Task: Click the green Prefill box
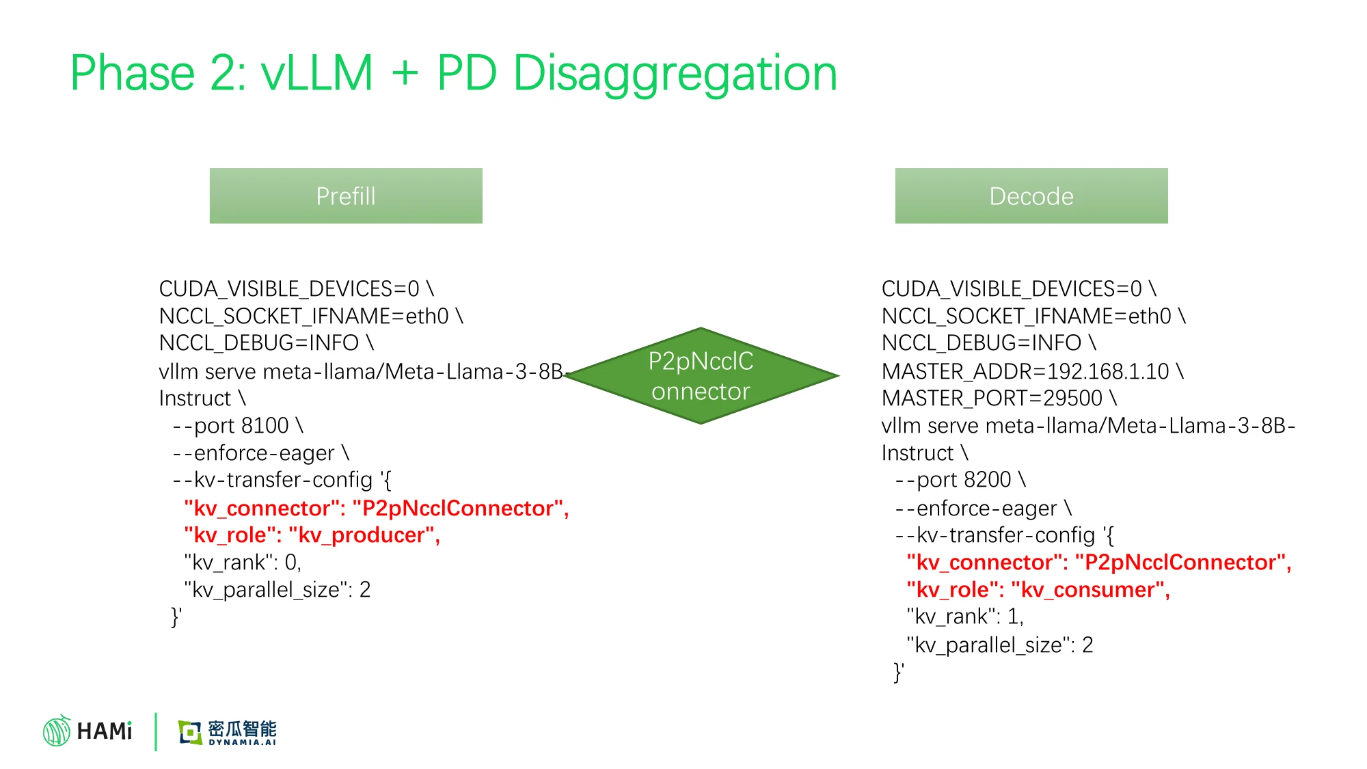[x=346, y=195]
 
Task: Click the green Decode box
[x=1031, y=195]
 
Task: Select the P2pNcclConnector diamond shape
[x=701, y=376]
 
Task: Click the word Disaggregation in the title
[x=675, y=74]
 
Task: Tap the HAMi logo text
[x=105, y=731]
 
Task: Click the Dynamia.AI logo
[x=227, y=732]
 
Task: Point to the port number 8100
[x=261, y=426]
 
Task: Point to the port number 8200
[x=984, y=480]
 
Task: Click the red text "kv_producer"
[x=364, y=535]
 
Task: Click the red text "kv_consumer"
[x=1090, y=590]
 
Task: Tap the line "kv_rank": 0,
[x=243, y=563]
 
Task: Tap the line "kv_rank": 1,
[x=965, y=617]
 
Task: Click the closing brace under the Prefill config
[x=176, y=617]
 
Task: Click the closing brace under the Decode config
[x=899, y=672]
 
